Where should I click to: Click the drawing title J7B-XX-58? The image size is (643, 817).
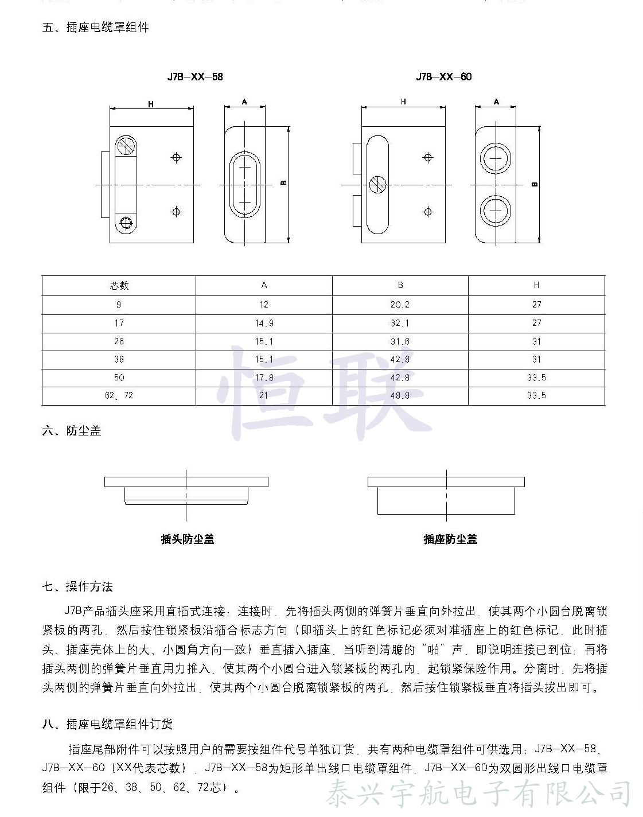pos(195,77)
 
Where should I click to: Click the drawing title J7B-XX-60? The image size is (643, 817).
pos(444,77)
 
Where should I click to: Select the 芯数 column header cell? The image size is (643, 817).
pos(119,286)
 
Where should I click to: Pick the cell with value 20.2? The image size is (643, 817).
pos(400,305)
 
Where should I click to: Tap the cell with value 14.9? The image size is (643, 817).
pos(264,323)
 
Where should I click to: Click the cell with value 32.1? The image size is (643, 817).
pos(400,323)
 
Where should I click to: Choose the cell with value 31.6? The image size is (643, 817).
pos(400,341)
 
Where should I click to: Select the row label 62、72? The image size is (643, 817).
pos(119,395)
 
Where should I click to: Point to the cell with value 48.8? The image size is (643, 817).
pos(400,395)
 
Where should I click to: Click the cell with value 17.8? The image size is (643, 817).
pos(264,378)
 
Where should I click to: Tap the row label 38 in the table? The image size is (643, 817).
pos(119,359)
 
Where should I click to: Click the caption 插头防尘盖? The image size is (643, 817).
pos(188,539)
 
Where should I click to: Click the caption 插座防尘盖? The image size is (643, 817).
pos(450,539)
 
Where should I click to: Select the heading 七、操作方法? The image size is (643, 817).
pos(77,586)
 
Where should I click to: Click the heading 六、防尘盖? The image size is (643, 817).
pos(72,431)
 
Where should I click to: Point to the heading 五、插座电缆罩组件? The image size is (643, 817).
pos(96,28)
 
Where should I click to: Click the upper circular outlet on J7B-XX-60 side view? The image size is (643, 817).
pos(496,157)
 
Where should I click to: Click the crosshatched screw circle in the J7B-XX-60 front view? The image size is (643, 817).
pos(377,184)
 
